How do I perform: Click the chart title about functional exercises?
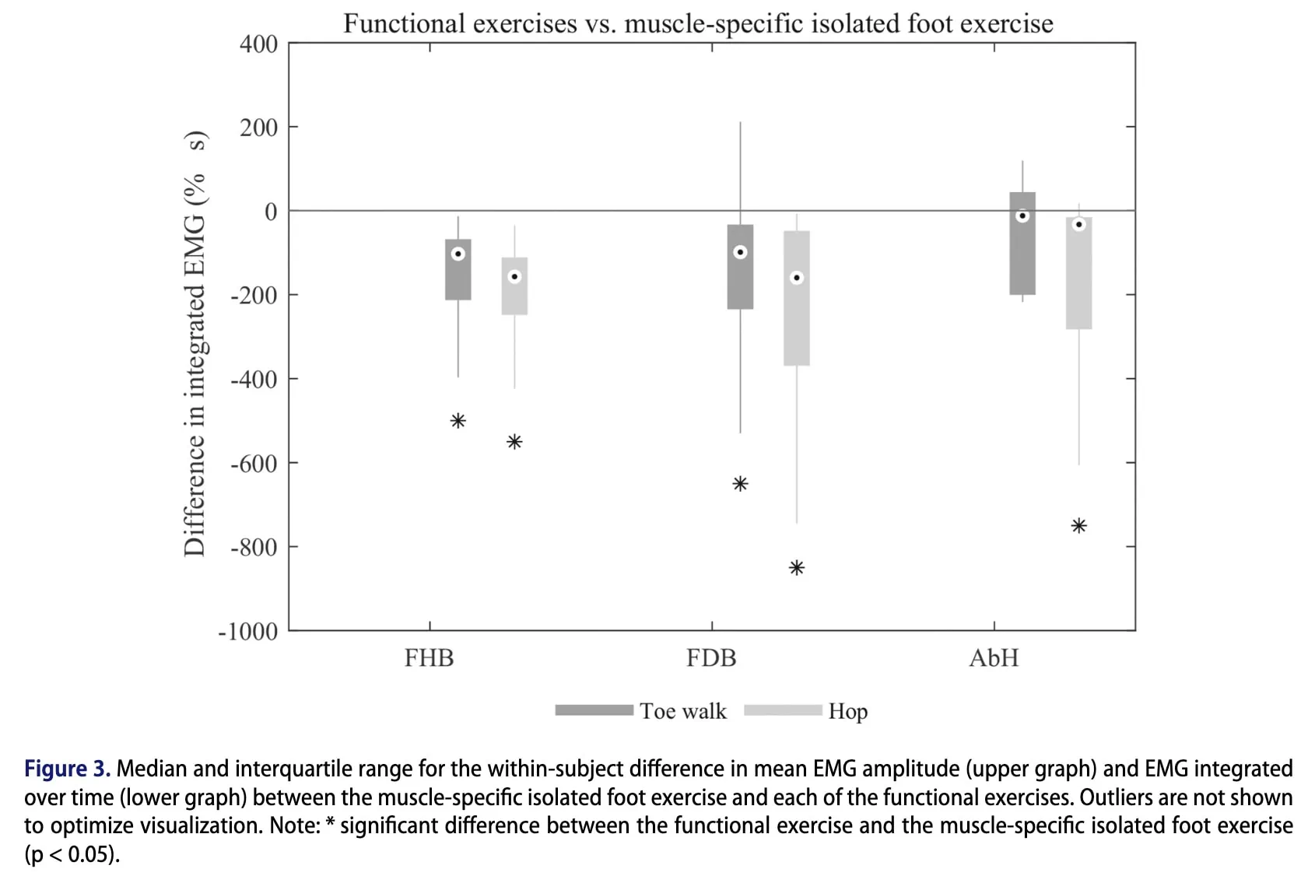(x=698, y=24)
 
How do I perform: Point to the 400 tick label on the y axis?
(x=258, y=44)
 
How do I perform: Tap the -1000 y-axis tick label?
(x=247, y=632)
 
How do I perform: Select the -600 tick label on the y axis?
(x=254, y=464)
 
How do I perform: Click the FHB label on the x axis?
(x=430, y=658)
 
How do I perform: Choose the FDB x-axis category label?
(x=711, y=658)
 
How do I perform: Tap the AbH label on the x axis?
(x=994, y=658)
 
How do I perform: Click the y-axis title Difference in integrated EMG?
(x=195, y=343)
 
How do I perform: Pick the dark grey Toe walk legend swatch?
(x=594, y=710)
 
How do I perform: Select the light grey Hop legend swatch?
(x=783, y=710)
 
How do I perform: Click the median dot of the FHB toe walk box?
(x=458, y=254)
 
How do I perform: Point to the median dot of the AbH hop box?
(x=1079, y=224)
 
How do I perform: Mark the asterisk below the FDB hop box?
(x=797, y=568)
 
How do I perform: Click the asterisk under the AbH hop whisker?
(x=1079, y=525)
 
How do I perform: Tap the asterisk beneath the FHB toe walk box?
(x=458, y=420)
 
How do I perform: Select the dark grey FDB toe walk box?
(x=740, y=267)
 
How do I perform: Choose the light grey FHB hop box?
(x=514, y=286)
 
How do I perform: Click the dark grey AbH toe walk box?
(x=1022, y=243)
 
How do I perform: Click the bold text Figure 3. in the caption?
(x=68, y=769)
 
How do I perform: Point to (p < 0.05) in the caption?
(x=72, y=854)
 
